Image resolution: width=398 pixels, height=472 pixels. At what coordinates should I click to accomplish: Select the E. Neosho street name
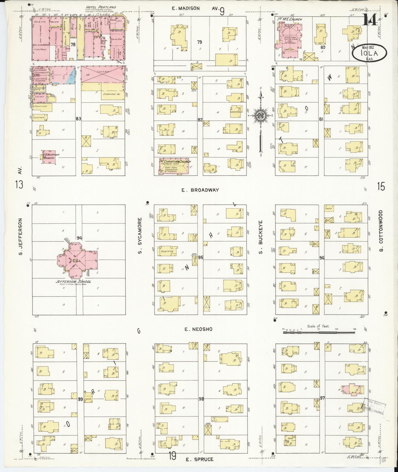click(x=198, y=329)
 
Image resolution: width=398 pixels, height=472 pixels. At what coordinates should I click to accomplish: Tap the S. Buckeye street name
click(x=261, y=237)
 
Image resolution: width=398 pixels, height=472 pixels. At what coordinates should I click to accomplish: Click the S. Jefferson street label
click(x=20, y=237)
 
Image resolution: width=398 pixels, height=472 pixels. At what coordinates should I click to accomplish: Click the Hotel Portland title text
click(x=101, y=7)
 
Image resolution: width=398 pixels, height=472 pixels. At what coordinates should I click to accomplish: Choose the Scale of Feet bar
click(x=319, y=332)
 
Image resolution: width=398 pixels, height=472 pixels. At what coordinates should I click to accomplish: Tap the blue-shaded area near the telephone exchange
click(x=72, y=73)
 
